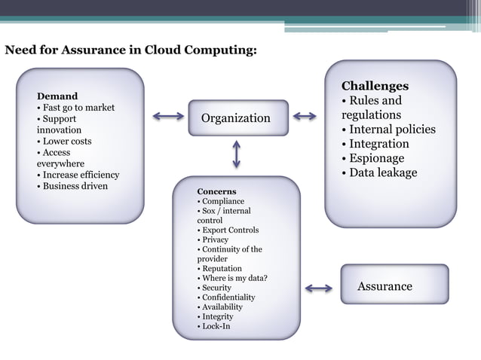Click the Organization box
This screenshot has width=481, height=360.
tap(237, 118)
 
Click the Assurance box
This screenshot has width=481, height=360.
tap(394, 285)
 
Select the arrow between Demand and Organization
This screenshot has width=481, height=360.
tap(167, 116)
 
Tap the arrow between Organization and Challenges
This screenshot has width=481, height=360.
tap(305, 116)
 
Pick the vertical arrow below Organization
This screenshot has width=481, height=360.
tap(237, 154)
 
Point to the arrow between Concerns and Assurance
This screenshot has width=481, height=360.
tap(320, 288)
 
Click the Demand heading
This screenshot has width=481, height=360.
tap(57, 96)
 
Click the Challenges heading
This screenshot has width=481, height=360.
tap(375, 86)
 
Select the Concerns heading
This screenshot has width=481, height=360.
tap(216, 191)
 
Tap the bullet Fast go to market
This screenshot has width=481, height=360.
tap(78, 108)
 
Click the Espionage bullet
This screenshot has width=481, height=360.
tap(376, 158)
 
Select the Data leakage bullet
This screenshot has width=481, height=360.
tap(382, 172)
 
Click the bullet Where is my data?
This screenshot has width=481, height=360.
tap(234, 278)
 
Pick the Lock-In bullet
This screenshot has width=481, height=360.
tap(216, 326)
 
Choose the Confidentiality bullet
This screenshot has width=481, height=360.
tap(228, 297)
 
